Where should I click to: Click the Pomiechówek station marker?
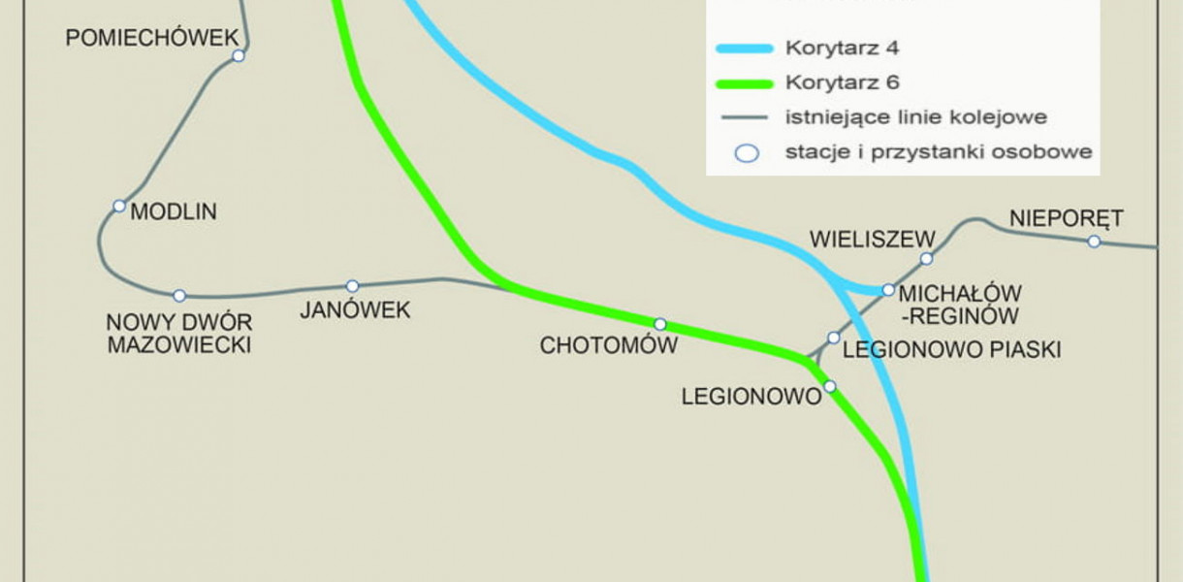(238, 56)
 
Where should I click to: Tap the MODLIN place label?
(174, 211)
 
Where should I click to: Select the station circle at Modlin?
(119, 206)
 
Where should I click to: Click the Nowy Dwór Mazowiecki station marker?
(179, 296)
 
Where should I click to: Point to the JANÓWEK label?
(355, 310)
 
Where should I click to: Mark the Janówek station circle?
(352, 286)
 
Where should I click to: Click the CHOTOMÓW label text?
(608, 345)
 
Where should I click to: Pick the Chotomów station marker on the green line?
(660, 324)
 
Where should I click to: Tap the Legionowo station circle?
(830, 386)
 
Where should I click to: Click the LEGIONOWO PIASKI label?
(951, 349)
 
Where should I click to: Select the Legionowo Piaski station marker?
(833, 338)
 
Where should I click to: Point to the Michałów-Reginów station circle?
(888, 290)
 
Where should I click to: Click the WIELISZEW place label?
(872, 239)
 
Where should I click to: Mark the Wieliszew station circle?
(926, 258)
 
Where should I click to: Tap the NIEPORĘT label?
(1065, 216)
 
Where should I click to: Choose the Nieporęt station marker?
(1094, 242)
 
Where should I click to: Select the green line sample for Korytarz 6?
(744, 82)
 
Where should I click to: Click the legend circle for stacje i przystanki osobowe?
(746, 153)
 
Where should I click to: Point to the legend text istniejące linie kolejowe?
(915, 117)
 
